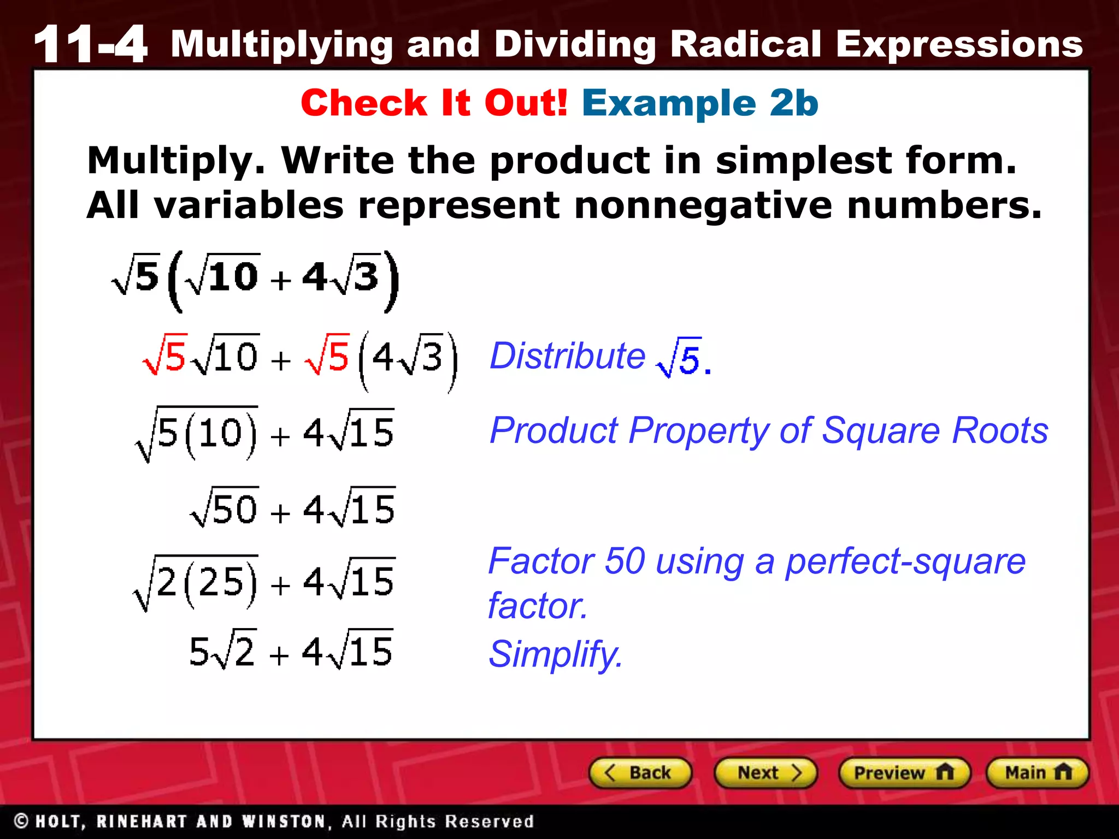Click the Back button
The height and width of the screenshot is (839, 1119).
pos(640,773)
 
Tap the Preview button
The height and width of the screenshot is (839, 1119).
pos(904,773)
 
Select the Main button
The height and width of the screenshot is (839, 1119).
pos(1037,773)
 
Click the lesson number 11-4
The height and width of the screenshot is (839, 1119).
pos(91,45)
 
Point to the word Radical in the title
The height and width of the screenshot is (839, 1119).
pos(745,44)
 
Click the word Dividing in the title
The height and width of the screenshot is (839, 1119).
pos(575,45)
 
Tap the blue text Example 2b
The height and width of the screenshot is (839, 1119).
pos(700,103)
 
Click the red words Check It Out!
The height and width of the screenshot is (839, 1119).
pos(434,103)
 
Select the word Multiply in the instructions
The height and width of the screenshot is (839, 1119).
pos(176,161)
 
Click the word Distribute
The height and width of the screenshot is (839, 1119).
pos(567,356)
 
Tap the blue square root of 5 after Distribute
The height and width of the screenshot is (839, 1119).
pos(680,358)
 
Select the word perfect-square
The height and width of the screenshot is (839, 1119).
pos(905,562)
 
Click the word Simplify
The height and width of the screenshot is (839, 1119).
pos(555,654)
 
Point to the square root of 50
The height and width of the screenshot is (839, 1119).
pos(225,508)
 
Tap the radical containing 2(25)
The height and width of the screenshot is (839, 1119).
pos(196,582)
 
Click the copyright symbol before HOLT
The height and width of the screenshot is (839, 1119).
pos(21,821)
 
